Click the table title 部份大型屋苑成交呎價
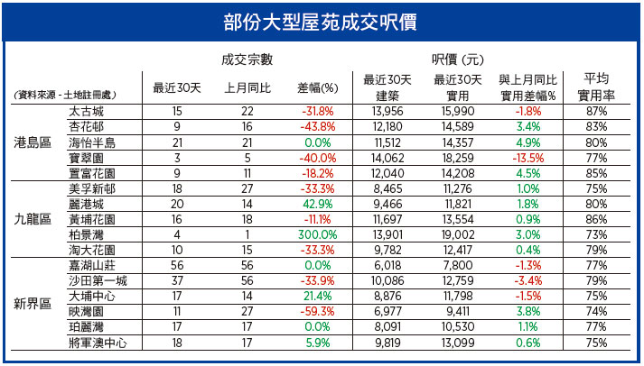pos(320,23)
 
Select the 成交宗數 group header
pos(247,59)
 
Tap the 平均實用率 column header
pos(596,87)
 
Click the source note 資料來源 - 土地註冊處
pos(65,95)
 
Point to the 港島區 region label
pos(33,142)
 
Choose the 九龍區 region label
pos(33,219)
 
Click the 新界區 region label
pos(33,304)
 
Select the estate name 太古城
pos(86,111)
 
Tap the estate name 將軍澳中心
pos(98,343)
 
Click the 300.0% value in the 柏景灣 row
pos(317,235)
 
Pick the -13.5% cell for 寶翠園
pos(528,158)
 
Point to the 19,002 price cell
pos(458,235)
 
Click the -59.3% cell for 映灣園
pos(317,312)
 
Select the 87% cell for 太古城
pos(596,111)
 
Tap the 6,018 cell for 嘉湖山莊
pos(387,265)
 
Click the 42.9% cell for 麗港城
pos(317,204)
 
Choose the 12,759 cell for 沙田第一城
pos(458,280)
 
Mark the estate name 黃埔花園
pos(92,220)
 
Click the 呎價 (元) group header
pos(458,59)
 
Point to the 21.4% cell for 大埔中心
pos(317,297)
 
